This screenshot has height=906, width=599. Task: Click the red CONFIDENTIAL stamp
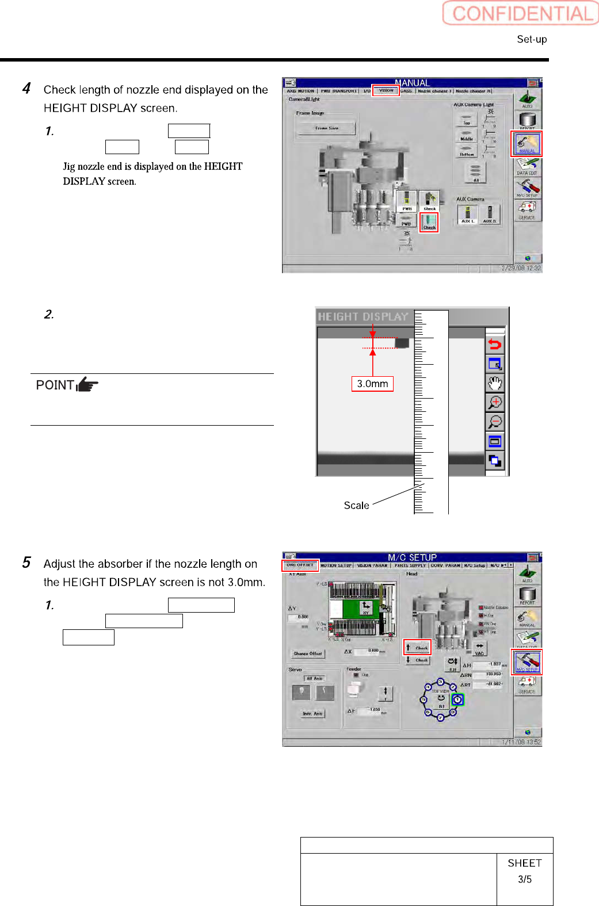(521, 13)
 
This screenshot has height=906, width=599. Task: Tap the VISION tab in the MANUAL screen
(386, 90)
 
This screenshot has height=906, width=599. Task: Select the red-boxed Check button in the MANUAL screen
(429, 222)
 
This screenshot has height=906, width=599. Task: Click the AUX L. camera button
(468, 215)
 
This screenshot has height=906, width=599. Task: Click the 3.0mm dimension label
(372, 384)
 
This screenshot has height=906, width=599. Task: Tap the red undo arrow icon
(495, 345)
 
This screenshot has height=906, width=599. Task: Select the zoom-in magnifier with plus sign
(495, 402)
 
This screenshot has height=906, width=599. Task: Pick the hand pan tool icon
(495, 383)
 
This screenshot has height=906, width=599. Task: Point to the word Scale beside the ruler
(356, 505)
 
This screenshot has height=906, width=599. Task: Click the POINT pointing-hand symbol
(87, 384)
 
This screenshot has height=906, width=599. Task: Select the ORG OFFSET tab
(300, 565)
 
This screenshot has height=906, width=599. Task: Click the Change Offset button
(308, 653)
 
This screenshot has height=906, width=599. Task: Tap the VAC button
(479, 649)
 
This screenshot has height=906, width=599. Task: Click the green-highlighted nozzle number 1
(457, 699)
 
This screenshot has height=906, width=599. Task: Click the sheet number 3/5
(524, 879)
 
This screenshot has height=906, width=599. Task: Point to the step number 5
(26, 563)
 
